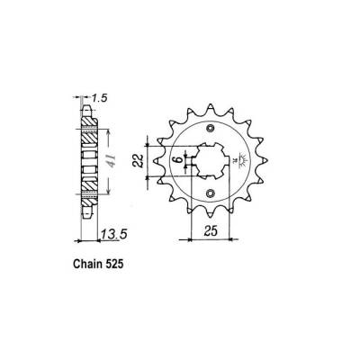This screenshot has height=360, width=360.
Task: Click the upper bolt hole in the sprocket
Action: click(211, 130)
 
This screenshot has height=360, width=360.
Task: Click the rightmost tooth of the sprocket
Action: click(267, 161)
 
